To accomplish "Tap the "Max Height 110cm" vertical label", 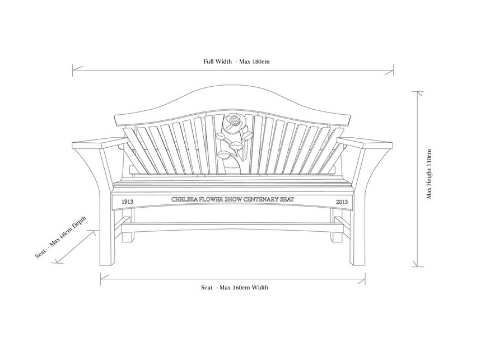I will tap(428, 174).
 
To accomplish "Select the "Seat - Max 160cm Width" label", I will tap(235, 287).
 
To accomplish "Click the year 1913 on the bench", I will tap(128, 201).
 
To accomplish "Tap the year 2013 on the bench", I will tap(342, 201).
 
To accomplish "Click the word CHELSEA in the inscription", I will tap(184, 199).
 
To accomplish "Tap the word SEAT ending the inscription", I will tap(286, 199).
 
